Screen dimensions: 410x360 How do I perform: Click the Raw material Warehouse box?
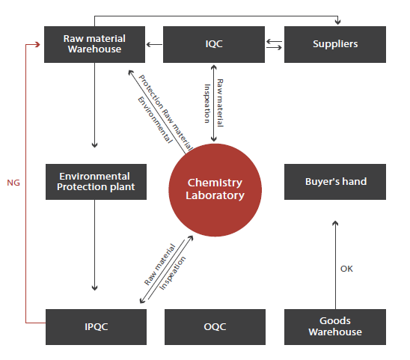[94, 44]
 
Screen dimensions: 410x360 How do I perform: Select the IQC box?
[214, 44]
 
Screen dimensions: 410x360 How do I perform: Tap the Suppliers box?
[335, 44]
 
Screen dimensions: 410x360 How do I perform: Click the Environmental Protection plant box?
[96, 182]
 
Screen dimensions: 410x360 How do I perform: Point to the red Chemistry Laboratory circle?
[215, 190]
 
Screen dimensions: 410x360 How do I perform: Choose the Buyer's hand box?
[335, 182]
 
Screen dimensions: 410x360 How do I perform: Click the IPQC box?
[96, 327]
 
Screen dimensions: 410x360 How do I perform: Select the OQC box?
[215, 327]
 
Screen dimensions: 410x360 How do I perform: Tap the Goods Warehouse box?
[335, 327]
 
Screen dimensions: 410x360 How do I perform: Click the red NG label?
[13, 183]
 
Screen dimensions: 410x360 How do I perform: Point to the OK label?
[346, 269]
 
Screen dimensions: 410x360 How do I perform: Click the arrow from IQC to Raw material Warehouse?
[154, 44]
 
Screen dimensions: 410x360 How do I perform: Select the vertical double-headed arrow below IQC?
[214, 103]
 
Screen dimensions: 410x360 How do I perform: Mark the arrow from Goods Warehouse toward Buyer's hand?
[335, 265]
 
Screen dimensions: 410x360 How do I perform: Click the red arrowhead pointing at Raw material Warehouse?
[37, 44]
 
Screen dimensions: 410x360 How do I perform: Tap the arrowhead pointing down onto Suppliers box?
[338, 22]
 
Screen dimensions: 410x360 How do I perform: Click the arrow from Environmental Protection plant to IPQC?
[95, 245]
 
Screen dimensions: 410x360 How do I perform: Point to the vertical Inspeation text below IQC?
[207, 103]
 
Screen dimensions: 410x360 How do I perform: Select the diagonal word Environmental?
[155, 120]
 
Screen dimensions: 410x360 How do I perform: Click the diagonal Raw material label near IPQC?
[159, 264]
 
